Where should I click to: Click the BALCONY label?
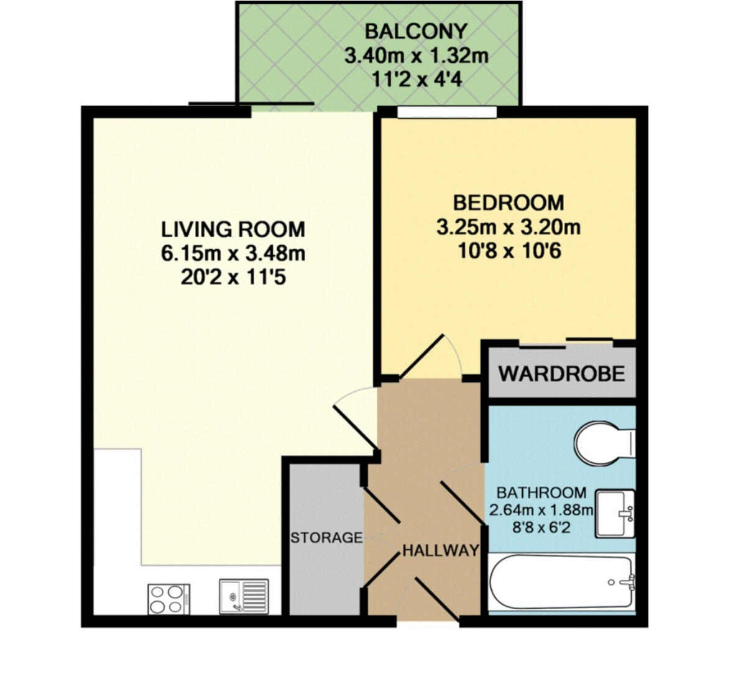[x=415, y=30]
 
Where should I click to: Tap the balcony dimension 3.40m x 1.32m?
[x=416, y=56]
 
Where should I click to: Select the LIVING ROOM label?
[x=233, y=229]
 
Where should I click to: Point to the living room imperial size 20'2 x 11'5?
[x=233, y=277]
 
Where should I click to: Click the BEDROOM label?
[x=508, y=203]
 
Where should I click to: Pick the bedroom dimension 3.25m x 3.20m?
[x=508, y=227]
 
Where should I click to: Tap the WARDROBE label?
[x=561, y=374]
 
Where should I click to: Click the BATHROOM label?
[x=541, y=493]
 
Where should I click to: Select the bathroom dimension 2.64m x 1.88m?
[x=541, y=511]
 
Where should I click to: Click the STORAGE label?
[x=326, y=537]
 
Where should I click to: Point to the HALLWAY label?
[x=441, y=550]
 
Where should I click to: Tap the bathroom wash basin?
[x=615, y=513]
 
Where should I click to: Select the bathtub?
[x=561, y=583]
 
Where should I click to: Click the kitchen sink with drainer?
[x=244, y=597]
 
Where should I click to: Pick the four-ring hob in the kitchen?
[x=168, y=599]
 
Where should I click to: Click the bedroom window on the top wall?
[x=447, y=112]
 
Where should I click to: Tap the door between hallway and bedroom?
[x=429, y=357]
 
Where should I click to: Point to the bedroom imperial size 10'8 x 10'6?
[x=508, y=252]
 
